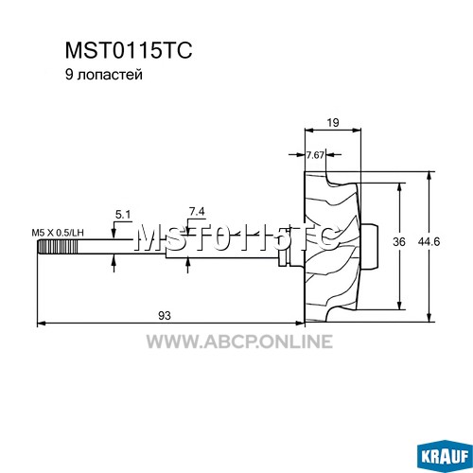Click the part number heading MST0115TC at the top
[129, 50]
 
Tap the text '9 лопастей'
[104, 75]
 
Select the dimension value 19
[333, 122]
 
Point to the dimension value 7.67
[315, 155]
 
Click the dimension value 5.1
[123, 215]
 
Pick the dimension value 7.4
[197, 212]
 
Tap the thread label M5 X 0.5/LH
[58, 233]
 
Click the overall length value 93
[165, 315]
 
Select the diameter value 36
[399, 242]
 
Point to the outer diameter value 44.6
[429, 242]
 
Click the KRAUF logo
[445, 456]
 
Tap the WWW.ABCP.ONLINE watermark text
[239, 342]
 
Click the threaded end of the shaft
[57, 247]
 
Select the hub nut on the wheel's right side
[370, 247]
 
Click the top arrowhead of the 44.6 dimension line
[429, 176]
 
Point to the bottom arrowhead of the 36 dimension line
[400, 306]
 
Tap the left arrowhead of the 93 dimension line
[42, 323]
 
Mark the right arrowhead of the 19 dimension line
[357, 130]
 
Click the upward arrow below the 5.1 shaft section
[114, 264]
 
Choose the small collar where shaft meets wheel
[282, 257]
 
